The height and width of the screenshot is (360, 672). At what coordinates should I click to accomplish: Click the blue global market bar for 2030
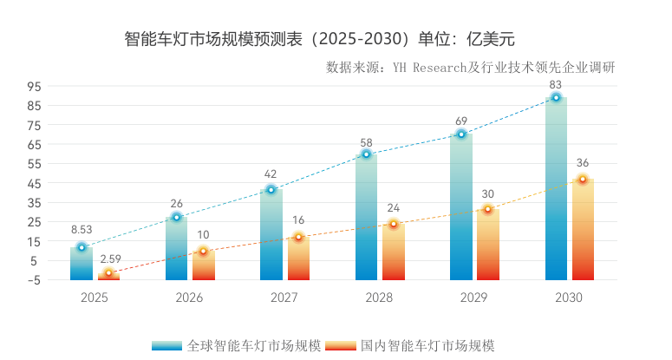(x=556, y=191)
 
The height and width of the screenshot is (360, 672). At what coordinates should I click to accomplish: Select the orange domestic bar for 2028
(x=393, y=253)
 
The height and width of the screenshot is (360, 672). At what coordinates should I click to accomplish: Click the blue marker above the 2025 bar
(x=82, y=247)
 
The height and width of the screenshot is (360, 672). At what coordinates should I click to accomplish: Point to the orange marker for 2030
(x=583, y=180)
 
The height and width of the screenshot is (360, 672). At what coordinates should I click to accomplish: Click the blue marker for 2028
(x=366, y=154)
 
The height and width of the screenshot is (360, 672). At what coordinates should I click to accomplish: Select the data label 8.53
(x=82, y=230)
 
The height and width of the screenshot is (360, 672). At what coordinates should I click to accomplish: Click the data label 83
(x=556, y=84)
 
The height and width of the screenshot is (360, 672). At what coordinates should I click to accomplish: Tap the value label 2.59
(x=109, y=259)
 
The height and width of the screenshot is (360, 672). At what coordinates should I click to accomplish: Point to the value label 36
(x=583, y=163)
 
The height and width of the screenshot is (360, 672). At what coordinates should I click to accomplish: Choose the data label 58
(x=366, y=142)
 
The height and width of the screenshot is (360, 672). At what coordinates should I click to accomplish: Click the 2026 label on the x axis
(x=189, y=298)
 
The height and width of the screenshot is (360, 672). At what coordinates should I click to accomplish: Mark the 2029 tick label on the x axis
(x=473, y=298)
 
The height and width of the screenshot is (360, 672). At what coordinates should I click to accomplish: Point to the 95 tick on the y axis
(x=34, y=87)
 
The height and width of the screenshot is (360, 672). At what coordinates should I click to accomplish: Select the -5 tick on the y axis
(x=34, y=280)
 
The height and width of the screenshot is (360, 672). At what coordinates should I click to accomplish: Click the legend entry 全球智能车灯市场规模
(x=253, y=345)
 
